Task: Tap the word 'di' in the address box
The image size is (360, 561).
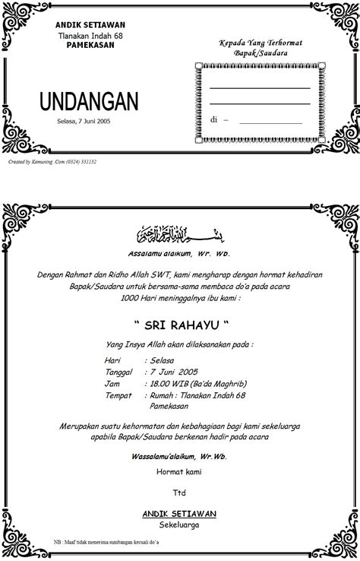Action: point(214,119)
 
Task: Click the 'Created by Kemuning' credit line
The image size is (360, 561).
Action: point(52,161)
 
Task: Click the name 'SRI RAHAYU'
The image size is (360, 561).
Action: point(179,325)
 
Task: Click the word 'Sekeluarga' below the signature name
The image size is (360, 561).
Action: point(179,525)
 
